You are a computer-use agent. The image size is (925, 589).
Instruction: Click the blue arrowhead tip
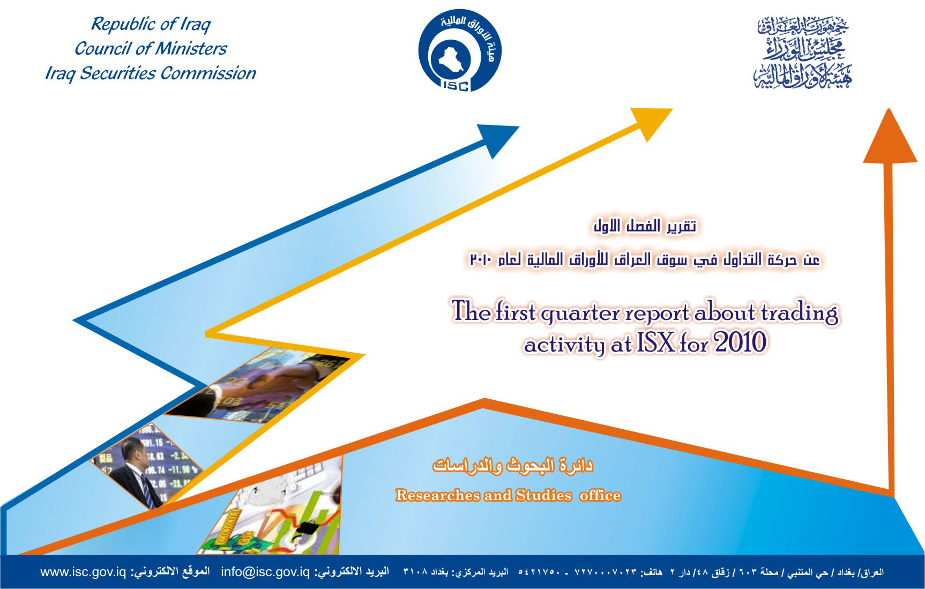click(519, 127)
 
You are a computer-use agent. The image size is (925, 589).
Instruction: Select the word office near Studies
click(600, 495)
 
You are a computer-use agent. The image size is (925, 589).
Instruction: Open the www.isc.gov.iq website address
click(83, 572)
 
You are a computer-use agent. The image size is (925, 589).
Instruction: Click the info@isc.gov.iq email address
click(265, 572)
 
